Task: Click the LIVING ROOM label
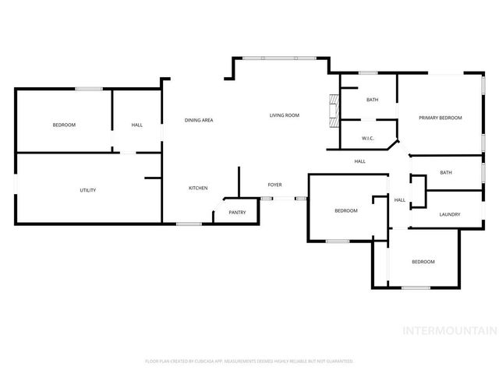click(285, 115)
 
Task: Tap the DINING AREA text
click(199, 120)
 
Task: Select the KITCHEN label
click(198, 188)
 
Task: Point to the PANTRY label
click(237, 212)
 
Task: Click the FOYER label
click(274, 185)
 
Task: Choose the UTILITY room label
click(88, 190)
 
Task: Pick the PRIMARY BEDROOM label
click(440, 118)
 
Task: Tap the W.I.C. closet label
click(370, 138)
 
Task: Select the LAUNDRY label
click(449, 214)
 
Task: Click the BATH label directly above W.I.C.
click(373, 100)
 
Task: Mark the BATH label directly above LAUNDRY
click(445, 172)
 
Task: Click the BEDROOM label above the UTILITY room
click(64, 125)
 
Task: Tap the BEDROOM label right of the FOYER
click(346, 210)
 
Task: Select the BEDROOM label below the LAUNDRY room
click(423, 262)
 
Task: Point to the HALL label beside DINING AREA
click(137, 125)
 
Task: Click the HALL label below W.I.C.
click(359, 161)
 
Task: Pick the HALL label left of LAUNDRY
click(399, 200)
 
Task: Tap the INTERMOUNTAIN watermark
click(448, 330)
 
